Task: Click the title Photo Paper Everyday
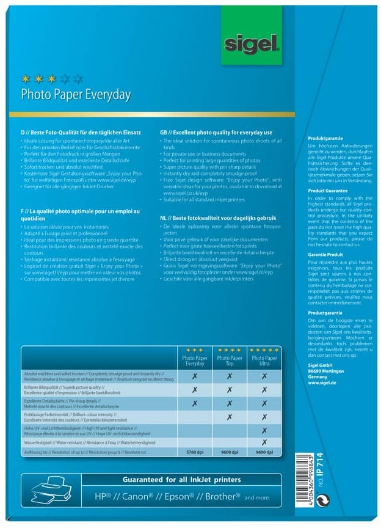(x=76, y=95)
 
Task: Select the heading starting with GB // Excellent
(x=216, y=132)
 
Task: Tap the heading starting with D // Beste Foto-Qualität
(x=81, y=132)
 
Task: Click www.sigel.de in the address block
(x=322, y=383)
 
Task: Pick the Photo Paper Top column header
(x=229, y=361)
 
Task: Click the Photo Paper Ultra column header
(x=264, y=361)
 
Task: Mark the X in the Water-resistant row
(x=264, y=442)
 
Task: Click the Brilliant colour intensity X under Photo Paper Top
(x=230, y=417)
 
